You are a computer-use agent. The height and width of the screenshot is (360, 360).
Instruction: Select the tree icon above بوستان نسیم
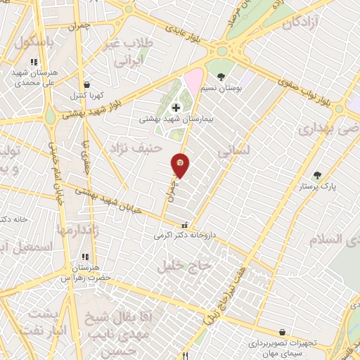click(221, 76)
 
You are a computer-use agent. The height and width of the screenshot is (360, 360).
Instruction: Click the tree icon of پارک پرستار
click(316, 175)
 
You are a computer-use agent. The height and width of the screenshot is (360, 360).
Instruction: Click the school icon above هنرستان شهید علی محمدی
click(34, 62)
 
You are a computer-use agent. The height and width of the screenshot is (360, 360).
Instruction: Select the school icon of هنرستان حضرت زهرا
click(85, 257)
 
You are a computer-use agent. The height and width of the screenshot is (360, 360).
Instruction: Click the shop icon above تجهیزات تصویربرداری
click(282, 332)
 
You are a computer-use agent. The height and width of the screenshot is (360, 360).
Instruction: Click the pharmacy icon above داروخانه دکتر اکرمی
click(184, 226)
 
